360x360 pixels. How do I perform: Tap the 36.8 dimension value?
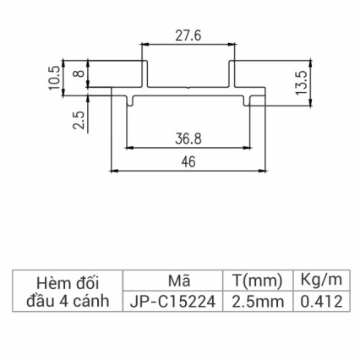tap(188, 137)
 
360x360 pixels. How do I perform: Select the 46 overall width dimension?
tap(188, 162)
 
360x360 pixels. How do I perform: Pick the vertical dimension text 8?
tap(79, 74)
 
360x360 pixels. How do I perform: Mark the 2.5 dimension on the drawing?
tap(79, 120)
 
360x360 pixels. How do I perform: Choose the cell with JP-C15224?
tap(172, 301)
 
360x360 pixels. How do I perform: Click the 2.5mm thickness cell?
tap(255, 301)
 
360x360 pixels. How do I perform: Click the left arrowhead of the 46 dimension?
tap(115, 172)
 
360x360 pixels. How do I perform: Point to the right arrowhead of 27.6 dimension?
tap(230, 45)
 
